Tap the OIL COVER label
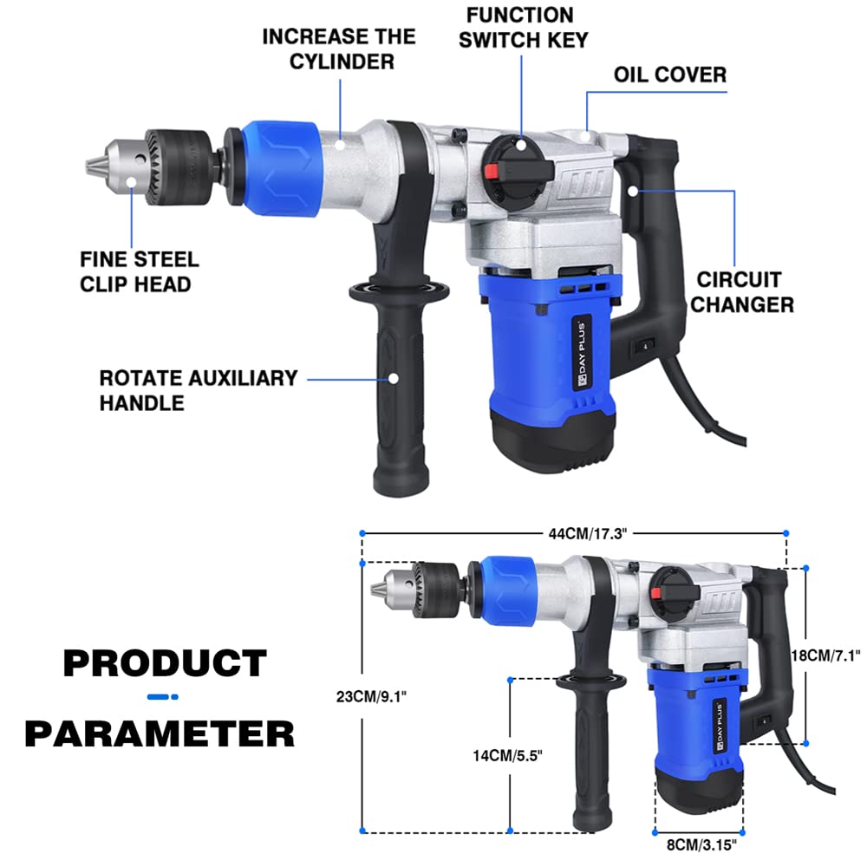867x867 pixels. (x=669, y=75)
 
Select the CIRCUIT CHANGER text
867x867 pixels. (x=745, y=292)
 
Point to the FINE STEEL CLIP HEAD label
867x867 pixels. (x=139, y=271)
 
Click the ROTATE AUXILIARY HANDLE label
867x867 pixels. (x=198, y=390)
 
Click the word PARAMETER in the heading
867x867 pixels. (x=160, y=733)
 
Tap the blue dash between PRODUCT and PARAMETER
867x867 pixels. (x=162, y=696)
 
